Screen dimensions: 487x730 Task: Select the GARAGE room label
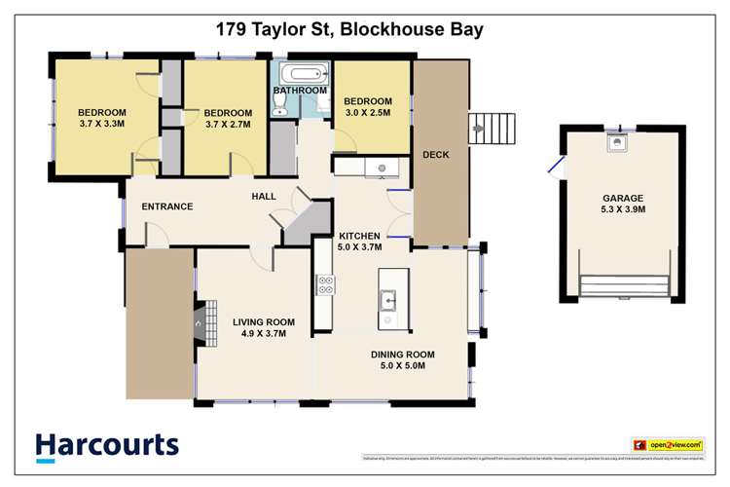pos(622,194)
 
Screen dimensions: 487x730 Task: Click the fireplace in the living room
pos(202,321)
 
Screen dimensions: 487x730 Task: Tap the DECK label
pos(434,154)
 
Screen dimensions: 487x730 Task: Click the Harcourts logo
pos(107,446)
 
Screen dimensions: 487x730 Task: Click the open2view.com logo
pos(667,444)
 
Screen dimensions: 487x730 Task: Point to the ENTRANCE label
pos(167,206)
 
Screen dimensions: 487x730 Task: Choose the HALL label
pos(264,197)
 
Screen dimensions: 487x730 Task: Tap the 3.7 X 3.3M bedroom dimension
pos(103,125)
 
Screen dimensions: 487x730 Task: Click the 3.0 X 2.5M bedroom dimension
pos(367,114)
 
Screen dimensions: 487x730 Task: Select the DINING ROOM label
pos(402,354)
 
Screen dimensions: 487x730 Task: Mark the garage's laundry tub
pos(615,144)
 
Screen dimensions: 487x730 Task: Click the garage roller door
pos(624,283)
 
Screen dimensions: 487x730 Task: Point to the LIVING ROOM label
pos(263,321)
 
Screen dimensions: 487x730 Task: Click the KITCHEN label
pos(359,236)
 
